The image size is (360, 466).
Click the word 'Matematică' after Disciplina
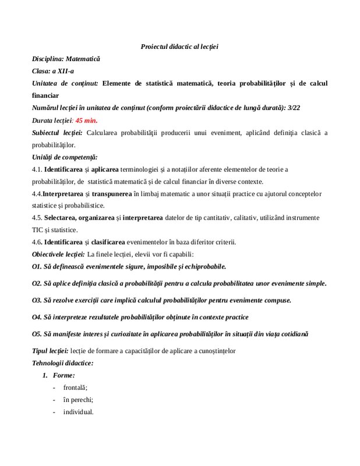click(83, 59)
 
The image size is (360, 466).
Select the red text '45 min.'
click(86, 120)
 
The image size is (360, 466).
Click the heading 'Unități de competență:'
click(65, 157)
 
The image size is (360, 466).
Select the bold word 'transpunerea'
click(110, 193)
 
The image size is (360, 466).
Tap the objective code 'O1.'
click(37, 266)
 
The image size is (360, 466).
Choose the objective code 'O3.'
click(37, 300)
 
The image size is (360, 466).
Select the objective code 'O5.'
click(37, 334)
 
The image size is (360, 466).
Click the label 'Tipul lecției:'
click(50, 351)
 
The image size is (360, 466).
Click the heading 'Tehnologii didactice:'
click(62, 363)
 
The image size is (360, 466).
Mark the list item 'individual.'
click(78, 412)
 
